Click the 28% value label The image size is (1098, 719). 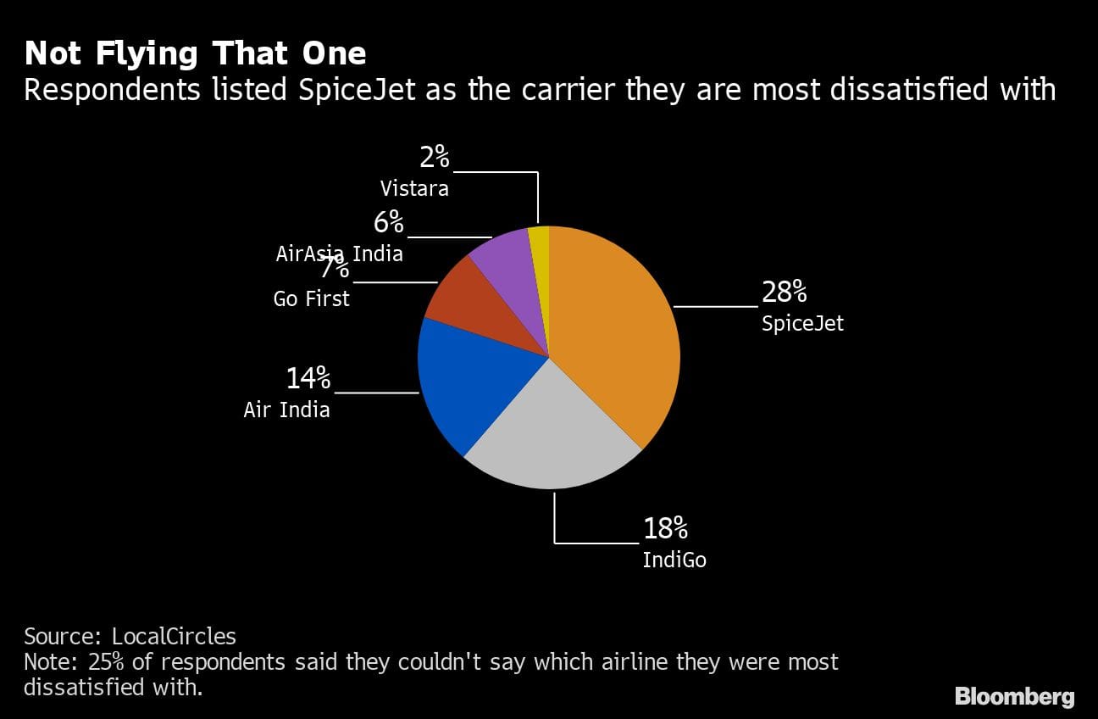[x=784, y=293]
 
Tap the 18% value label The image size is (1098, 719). [x=665, y=529]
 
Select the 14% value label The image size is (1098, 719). [x=308, y=378]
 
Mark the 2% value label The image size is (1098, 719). [x=435, y=158]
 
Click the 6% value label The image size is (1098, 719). [x=389, y=223]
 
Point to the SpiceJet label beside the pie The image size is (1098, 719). [x=802, y=324]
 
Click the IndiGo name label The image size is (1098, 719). [x=674, y=560]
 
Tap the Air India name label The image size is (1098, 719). [x=286, y=410]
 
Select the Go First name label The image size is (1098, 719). [x=311, y=299]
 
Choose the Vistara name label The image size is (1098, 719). [x=414, y=188]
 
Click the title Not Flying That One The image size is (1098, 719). [x=196, y=53]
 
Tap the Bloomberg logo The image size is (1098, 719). [x=1014, y=697]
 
